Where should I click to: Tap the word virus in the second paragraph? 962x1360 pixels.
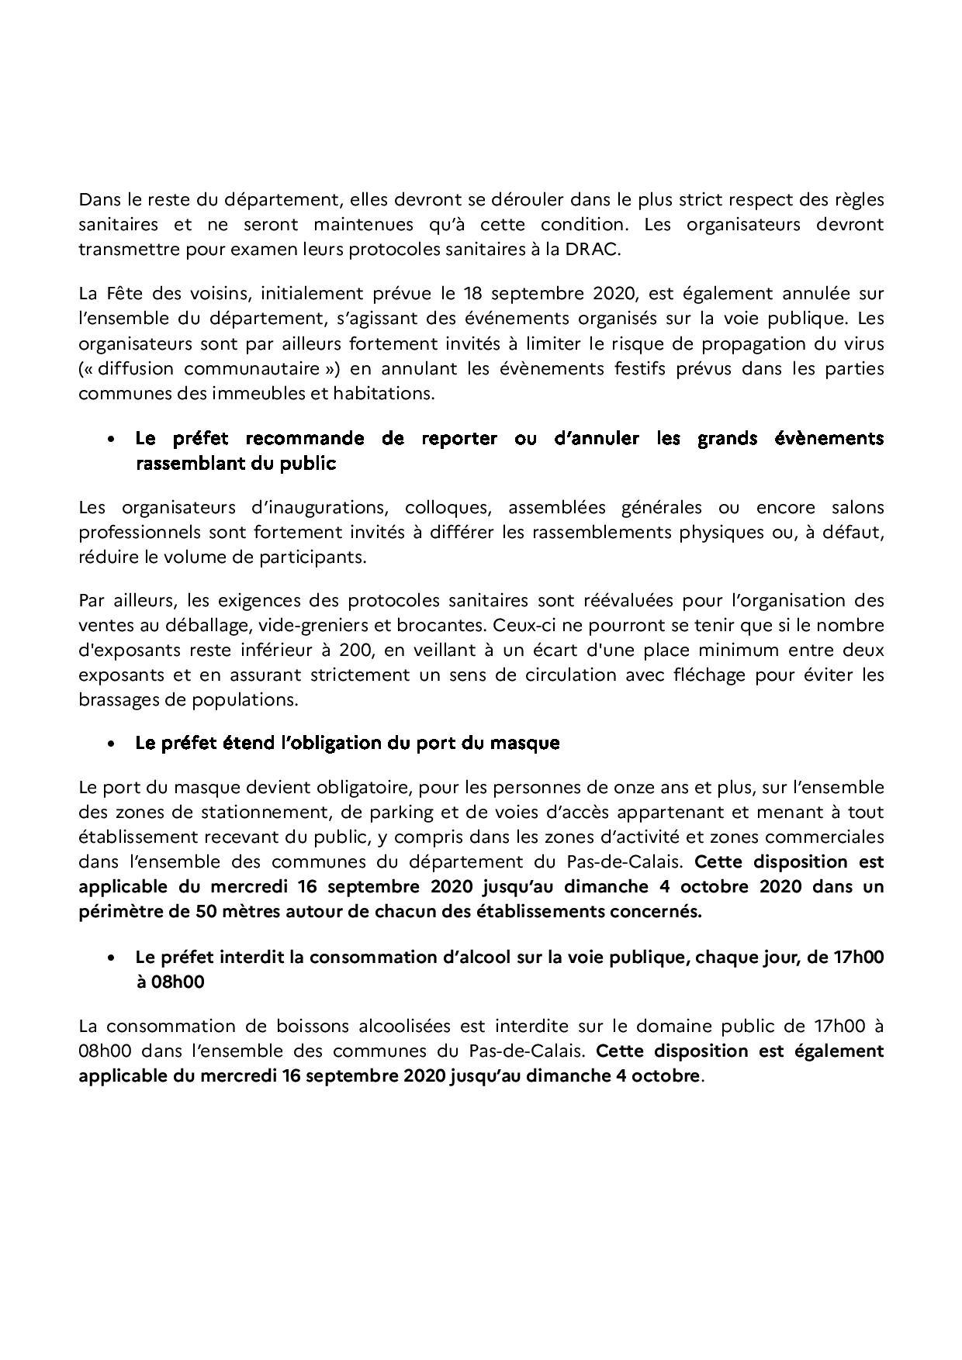pyautogui.click(x=863, y=343)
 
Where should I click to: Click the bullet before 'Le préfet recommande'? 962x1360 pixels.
pyautogui.click(x=112, y=439)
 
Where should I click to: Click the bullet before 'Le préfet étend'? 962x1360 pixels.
pyautogui.click(x=112, y=744)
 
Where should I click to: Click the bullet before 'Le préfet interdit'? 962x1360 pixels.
pyautogui.click(x=112, y=958)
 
